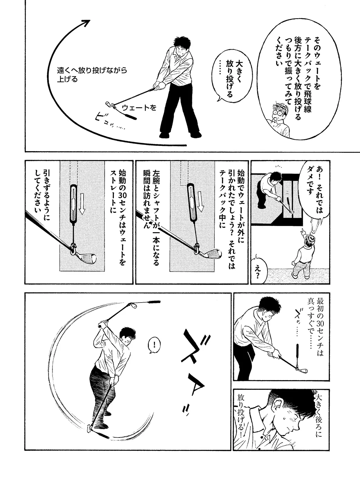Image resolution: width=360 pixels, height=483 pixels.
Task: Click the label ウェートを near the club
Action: (139, 107)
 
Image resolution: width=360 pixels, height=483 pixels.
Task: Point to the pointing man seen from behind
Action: (305, 254)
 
